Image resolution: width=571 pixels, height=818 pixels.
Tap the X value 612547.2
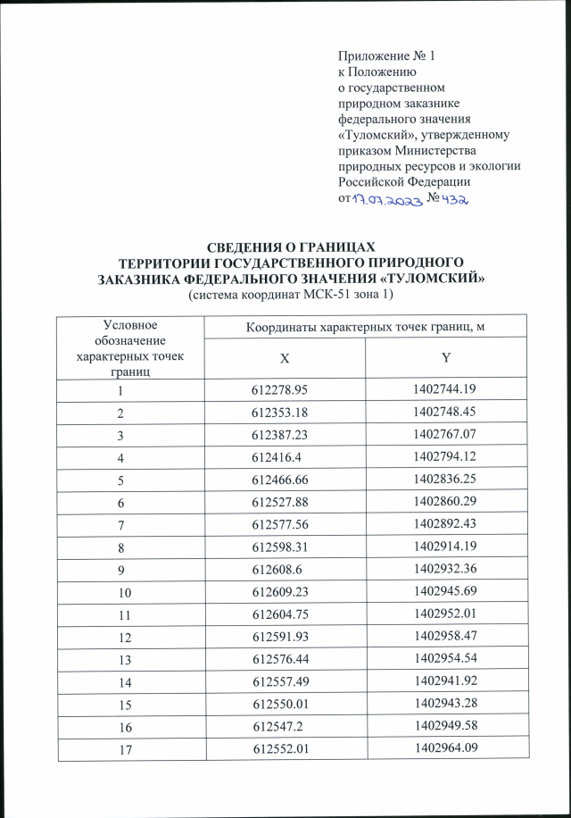pyautogui.click(x=279, y=739)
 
